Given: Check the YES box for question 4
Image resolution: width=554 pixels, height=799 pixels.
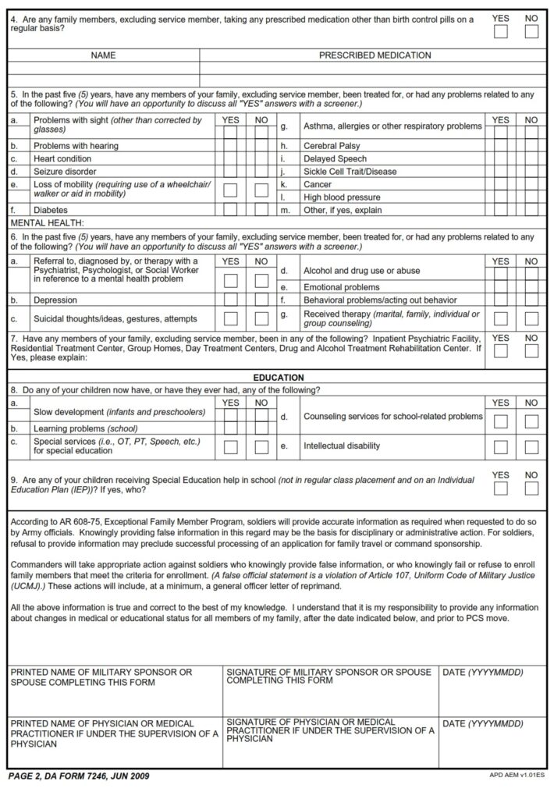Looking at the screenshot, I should tap(501, 31).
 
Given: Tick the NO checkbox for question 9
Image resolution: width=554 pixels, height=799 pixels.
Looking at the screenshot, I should tap(531, 488).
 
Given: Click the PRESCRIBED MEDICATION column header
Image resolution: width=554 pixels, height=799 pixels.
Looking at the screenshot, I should tap(375, 55).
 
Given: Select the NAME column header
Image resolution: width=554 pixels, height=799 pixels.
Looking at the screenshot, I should tap(103, 55).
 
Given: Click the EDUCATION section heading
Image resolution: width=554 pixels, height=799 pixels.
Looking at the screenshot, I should tap(278, 377).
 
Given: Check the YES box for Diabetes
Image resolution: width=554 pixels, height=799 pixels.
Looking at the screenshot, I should tap(231, 210).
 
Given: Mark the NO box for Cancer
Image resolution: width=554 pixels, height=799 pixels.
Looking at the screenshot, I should tap(531, 184).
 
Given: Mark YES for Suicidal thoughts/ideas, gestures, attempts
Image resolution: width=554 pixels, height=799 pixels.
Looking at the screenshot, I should tap(231, 318).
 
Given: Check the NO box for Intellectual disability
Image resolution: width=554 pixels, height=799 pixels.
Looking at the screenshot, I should tap(531, 447).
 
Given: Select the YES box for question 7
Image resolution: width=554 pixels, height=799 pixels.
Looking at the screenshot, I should tap(501, 357).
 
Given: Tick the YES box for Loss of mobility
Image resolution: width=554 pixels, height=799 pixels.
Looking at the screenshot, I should tap(231, 190).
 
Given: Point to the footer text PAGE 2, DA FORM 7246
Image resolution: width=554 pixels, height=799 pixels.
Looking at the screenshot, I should tap(78, 776).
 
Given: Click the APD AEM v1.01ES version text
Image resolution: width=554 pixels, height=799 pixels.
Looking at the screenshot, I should tap(516, 776).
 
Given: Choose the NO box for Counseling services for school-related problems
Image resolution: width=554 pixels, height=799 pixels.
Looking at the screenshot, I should tap(531, 421).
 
